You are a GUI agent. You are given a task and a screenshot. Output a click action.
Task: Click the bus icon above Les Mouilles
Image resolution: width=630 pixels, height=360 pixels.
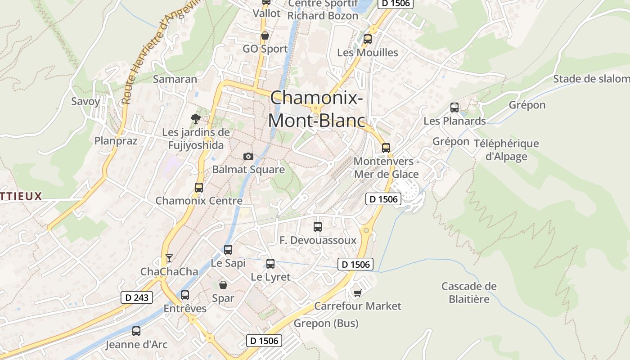[x=368, y=39]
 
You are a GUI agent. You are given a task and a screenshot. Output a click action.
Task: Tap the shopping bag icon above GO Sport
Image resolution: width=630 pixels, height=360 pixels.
[x=265, y=36]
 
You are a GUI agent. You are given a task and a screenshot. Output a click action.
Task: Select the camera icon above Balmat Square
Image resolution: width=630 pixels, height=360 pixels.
[x=248, y=156]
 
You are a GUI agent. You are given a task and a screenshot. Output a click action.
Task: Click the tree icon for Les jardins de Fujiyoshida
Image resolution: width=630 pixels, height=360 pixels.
[x=195, y=119]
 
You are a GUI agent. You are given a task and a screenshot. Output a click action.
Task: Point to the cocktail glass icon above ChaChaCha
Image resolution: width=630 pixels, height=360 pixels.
[x=169, y=258]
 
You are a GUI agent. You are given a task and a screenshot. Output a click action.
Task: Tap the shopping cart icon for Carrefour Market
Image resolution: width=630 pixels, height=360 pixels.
[x=357, y=293]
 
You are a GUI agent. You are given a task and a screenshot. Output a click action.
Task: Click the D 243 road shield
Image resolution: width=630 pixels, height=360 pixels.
[x=137, y=297]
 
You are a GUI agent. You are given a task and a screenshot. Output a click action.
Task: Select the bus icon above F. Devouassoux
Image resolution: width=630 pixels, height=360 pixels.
[x=318, y=227]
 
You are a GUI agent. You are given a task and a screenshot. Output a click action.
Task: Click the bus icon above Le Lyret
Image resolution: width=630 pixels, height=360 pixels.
[x=270, y=264]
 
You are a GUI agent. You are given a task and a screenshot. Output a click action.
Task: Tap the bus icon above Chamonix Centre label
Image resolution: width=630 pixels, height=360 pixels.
[x=199, y=188]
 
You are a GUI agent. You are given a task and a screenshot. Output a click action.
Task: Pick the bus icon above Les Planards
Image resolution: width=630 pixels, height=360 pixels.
[x=454, y=108]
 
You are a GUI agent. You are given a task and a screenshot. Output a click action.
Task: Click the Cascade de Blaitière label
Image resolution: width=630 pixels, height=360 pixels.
[x=469, y=292]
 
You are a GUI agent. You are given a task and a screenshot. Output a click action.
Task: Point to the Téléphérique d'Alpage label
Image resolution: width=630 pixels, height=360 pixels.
[x=506, y=150]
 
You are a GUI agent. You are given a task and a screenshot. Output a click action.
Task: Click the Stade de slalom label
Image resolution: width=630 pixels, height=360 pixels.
[x=591, y=79]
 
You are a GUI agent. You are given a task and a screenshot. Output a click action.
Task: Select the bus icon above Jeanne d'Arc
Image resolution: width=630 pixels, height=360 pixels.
[x=136, y=331]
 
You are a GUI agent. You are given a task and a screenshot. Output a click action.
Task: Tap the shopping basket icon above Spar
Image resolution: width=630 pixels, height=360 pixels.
[x=223, y=284]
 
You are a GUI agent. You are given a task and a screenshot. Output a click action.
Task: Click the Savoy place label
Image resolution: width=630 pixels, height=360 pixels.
[x=85, y=101]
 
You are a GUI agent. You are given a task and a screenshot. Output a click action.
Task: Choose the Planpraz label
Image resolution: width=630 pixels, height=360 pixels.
[x=116, y=141]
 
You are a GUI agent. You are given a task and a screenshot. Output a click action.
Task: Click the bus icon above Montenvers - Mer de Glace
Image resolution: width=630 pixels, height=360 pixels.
[x=386, y=148]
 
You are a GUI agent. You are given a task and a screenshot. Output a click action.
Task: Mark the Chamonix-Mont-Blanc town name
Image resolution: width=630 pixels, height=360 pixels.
[x=316, y=109]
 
